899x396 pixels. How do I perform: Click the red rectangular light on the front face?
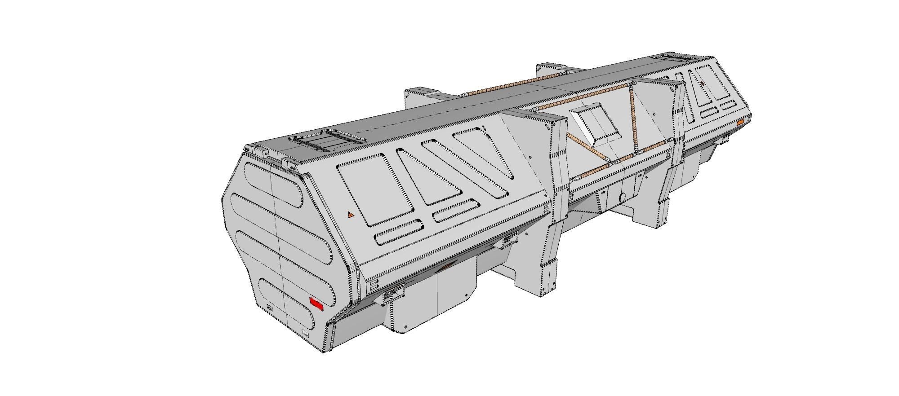316,304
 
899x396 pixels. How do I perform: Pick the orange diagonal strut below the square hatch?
588,148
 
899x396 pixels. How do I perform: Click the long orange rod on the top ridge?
508,86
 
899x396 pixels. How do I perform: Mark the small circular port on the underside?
623,197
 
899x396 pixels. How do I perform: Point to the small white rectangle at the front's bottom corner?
306,333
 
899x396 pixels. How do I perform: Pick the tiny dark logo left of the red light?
270,308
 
